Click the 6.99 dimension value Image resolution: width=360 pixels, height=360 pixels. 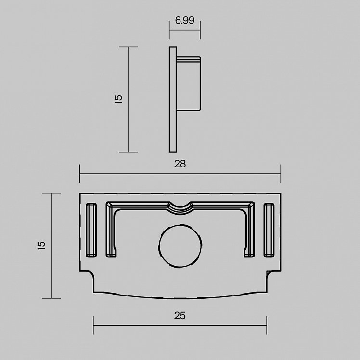pyautogui.click(x=185, y=20)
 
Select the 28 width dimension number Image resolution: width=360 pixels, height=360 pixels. pyautogui.click(x=180, y=164)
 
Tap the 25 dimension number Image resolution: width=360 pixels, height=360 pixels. pyautogui.click(x=180, y=316)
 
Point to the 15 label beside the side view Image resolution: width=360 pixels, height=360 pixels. pyautogui.click(x=118, y=100)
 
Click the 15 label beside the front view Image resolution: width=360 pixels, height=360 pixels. pyautogui.click(x=41, y=246)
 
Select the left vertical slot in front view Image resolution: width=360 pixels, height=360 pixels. pyautogui.click(x=91, y=230)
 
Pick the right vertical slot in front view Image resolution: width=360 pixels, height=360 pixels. pyautogui.click(x=269, y=230)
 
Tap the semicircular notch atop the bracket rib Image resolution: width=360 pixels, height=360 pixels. pyautogui.click(x=180, y=208)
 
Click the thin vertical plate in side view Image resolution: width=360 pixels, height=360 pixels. pyautogui.click(x=173, y=100)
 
